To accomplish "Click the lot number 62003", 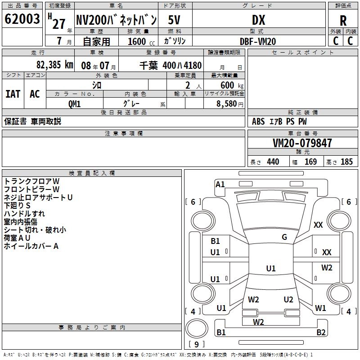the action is tap(22, 20).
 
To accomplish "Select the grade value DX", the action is tap(258, 20).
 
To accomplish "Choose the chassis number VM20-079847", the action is tap(302, 144).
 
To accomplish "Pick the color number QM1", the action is tap(74, 104).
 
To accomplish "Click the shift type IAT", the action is tap(13, 94).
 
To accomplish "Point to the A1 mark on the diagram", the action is tap(220, 184).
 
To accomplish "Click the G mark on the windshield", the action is tap(284, 237).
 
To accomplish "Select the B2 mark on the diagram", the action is tap(321, 333).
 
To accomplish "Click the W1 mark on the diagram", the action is tap(320, 308).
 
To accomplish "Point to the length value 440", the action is tap(273, 162).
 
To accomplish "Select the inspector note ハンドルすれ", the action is tap(25, 214).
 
